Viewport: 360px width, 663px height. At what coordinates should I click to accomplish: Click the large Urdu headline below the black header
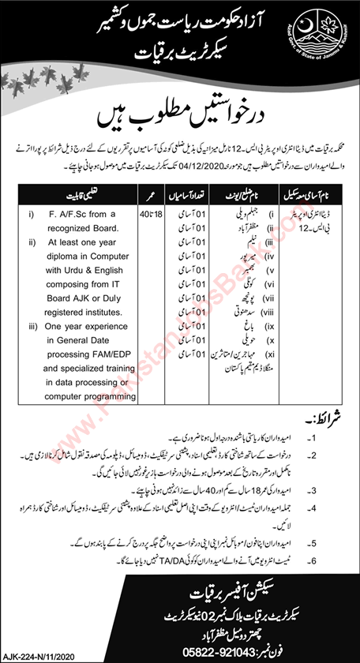(x=180, y=121)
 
